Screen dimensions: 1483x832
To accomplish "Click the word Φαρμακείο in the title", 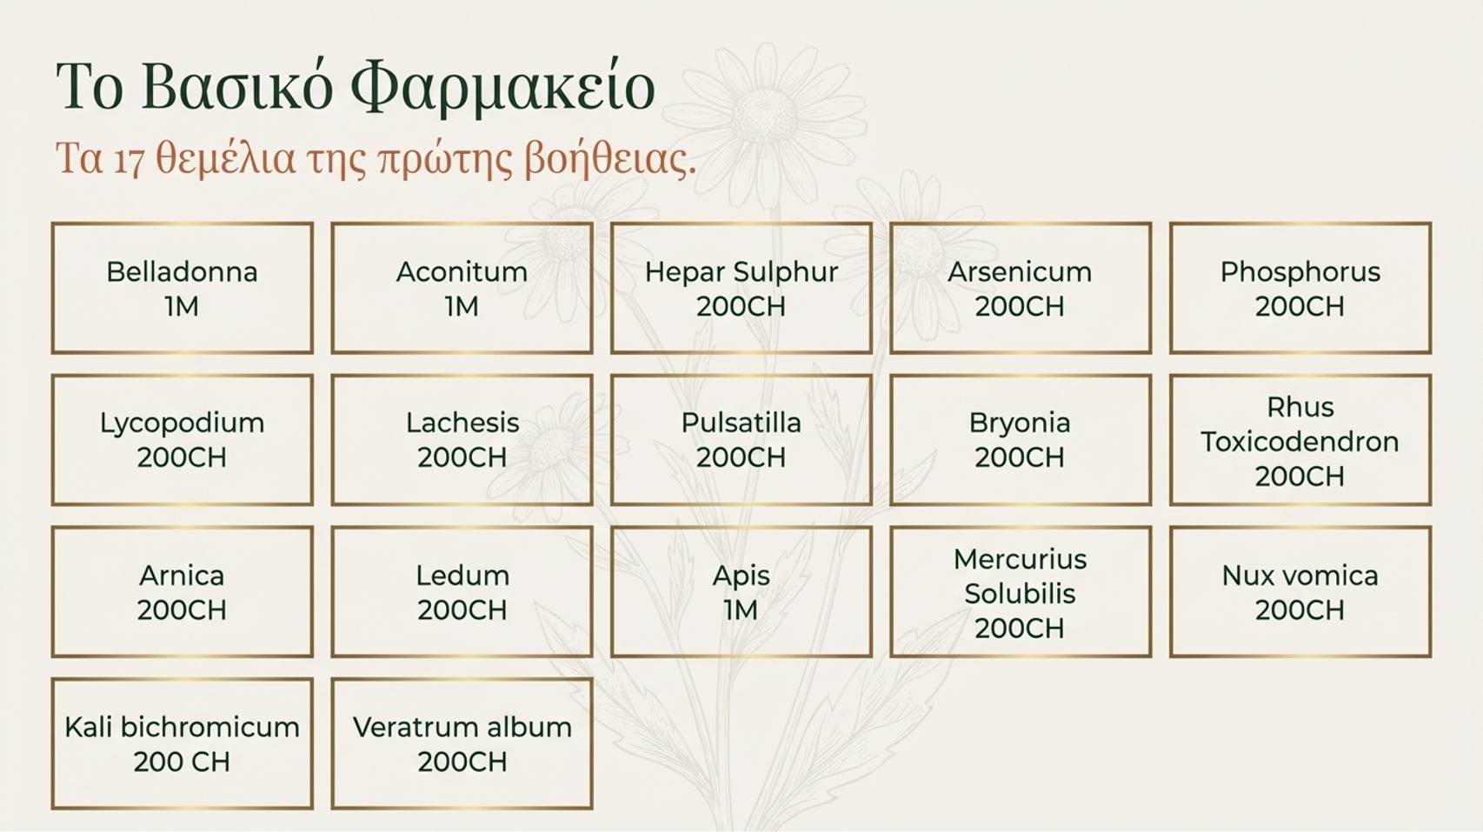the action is (x=502, y=88).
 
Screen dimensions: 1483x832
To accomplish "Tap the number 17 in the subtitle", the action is (x=129, y=160).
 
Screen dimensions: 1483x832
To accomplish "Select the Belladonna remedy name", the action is (x=182, y=271).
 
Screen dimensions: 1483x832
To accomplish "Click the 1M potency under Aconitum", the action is (x=462, y=306).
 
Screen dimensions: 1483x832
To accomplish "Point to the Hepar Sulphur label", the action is (x=741, y=272).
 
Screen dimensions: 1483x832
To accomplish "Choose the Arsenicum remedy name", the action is (x=1020, y=272).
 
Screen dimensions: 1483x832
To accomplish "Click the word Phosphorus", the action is (x=1300, y=272).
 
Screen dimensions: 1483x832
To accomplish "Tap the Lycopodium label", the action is (x=182, y=423).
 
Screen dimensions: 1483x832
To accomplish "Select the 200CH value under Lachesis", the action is (x=462, y=457).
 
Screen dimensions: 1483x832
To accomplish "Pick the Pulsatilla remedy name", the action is (x=741, y=423).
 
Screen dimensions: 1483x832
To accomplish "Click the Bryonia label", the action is (x=1020, y=423).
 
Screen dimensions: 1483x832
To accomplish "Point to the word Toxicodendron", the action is (x=1300, y=442).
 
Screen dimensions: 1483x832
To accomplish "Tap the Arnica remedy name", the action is (x=182, y=576).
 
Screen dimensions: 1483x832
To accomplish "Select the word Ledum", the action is (x=462, y=576).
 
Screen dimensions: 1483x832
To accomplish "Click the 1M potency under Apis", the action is (x=741, y=609).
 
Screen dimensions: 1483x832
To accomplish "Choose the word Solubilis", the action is (x=1020, y=594).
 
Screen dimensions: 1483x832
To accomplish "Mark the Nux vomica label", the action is (x=1300, y=576).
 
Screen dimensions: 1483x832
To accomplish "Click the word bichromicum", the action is (x=209, y=727).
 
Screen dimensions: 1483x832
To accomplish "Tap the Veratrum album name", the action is (x=462, y=727).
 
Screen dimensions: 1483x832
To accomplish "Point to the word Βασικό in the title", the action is (x=237, y=87).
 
